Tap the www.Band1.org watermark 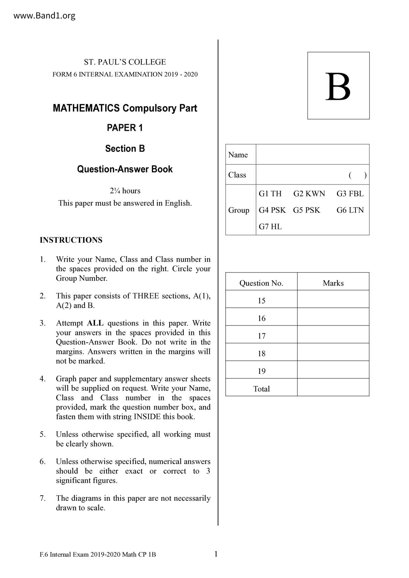[44, 15]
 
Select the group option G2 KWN [309, 194]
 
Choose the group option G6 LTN [350, 210]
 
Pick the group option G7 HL [270, 227]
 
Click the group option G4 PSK [272, 210]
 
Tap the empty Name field [312, 155]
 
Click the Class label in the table [237, 175]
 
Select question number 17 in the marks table [262, 336]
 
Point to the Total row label [262, 389]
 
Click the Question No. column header [261, 283]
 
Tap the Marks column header [333, 283]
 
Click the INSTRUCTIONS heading [71, 240]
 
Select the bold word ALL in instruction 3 [95, 323]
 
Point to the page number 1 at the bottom [216, 554]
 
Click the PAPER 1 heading [125, 128]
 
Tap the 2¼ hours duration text [125, 191]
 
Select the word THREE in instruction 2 [145, 296]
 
